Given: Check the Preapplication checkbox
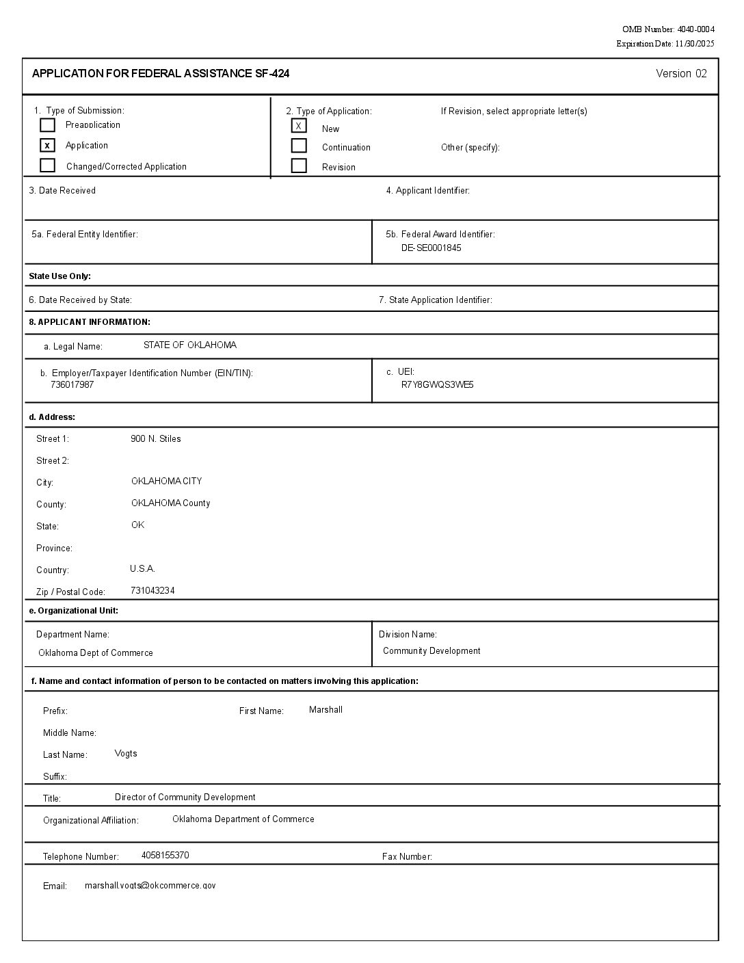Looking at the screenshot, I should (47, 125).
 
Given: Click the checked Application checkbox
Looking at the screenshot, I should (47, 145).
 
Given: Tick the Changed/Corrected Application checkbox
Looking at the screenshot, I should (47, 166).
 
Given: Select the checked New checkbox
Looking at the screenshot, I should (299, 126).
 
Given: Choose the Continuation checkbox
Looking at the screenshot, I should (299, 146).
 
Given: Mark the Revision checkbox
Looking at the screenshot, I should (299, 166).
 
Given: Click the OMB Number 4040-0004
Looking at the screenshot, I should (668, 29).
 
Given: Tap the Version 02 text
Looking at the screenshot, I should (681, 74).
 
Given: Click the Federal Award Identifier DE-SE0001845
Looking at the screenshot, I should (431, 248).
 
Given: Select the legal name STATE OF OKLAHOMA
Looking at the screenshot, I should (190, 345).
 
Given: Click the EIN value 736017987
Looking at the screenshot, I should (72, 385).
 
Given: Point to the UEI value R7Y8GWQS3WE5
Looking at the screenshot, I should (437, 385).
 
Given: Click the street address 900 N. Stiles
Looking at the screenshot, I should (156, 439).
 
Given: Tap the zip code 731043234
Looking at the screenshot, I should (152, 591).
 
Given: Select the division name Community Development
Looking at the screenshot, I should (431, 651).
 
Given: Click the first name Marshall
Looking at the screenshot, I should (325, 710).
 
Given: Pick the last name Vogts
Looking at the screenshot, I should (126, 754).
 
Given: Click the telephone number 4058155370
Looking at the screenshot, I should (165, 856).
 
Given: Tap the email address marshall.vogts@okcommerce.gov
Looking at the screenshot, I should (150, 886).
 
